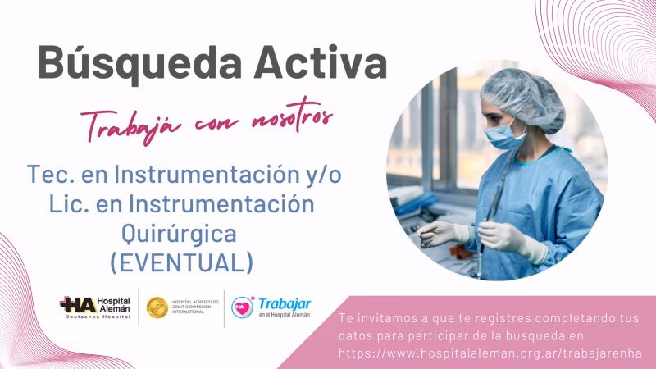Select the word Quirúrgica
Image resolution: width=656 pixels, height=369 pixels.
click(179, 233)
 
